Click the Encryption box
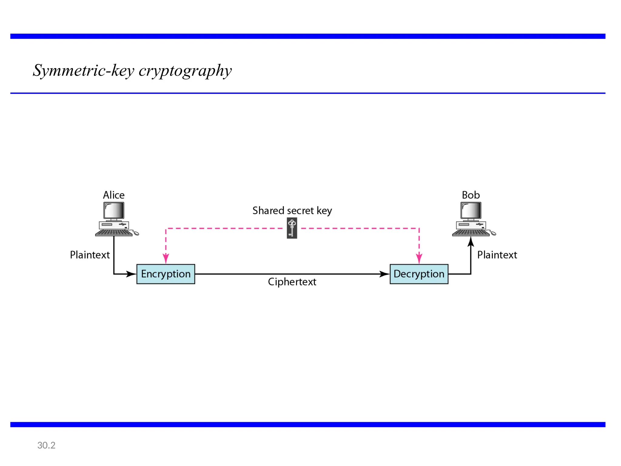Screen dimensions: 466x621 [x=166, y=274]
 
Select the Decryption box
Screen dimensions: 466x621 [x=419, y=274]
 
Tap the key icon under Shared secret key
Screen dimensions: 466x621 [x=292, y=228]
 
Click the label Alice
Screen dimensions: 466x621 [x=114, y=195]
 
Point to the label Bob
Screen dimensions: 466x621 [x=471, y=195]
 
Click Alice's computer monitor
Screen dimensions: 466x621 [x=114, y=210]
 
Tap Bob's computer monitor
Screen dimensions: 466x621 [x=471, y=210]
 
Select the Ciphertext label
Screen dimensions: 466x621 [x=292, y=282]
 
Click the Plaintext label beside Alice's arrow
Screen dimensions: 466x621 [x=90, y=255]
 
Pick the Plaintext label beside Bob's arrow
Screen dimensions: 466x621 [x=497, y=255]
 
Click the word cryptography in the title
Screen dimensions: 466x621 [x=185, y=71]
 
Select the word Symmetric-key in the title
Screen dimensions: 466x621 [x=84, y=71]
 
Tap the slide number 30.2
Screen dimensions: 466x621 [x=46, y=445]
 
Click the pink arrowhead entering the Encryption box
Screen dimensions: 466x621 [x=166, y=258]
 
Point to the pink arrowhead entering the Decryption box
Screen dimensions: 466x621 [x=419, y=258]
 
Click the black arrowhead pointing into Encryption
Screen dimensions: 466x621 [x=132, y=274]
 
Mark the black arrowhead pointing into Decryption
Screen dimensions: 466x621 [x=384, y=274]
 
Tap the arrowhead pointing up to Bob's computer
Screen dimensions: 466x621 [x=471, y=242]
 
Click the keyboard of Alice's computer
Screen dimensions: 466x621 [x=114, y=233]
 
